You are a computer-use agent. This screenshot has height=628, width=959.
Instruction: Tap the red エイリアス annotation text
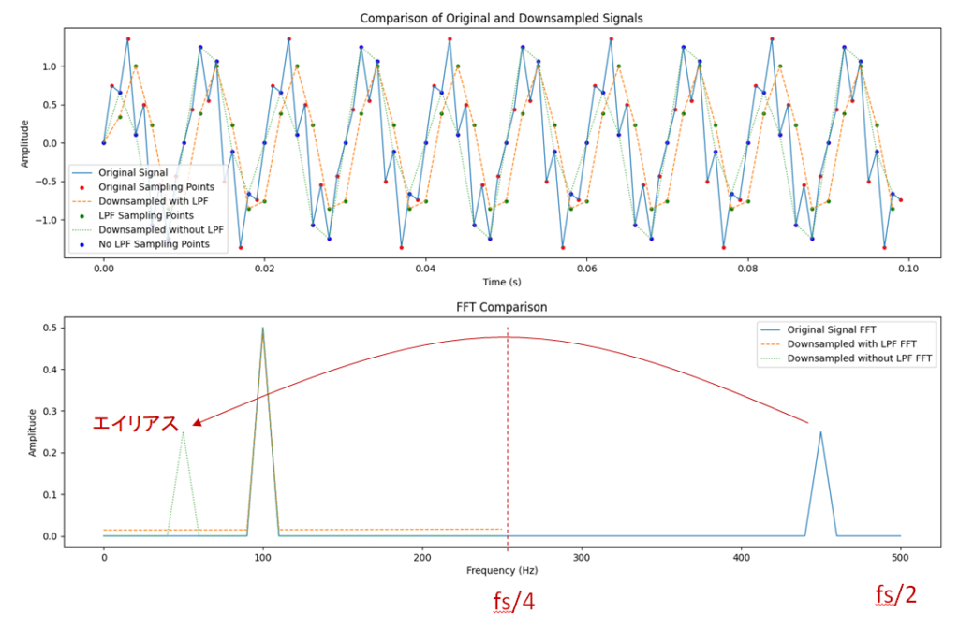tap(135, 424)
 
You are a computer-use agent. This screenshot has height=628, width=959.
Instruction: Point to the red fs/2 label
tap(896, 595)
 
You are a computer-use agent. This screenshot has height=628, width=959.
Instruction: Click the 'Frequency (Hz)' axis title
tap(502, 570)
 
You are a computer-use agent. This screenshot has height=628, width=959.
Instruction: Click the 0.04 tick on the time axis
tap(425, 267)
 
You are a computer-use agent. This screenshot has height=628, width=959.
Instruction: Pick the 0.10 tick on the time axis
tap(908, 267)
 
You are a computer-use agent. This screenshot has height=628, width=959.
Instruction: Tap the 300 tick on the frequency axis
tap(582, 555)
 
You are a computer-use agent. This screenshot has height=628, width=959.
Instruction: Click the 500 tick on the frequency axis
tap(901, 555)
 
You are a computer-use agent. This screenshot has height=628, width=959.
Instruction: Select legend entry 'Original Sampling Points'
tap(161, 187)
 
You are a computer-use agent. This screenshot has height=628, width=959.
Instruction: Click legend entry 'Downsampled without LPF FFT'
tap(861, 358)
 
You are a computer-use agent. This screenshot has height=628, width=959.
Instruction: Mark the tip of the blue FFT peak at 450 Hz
tap(821, 432)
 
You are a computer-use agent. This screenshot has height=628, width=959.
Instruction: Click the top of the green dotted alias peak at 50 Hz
tap(183, 432)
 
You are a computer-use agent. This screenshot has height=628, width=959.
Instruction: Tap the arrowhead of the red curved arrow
tap(195, 424)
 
